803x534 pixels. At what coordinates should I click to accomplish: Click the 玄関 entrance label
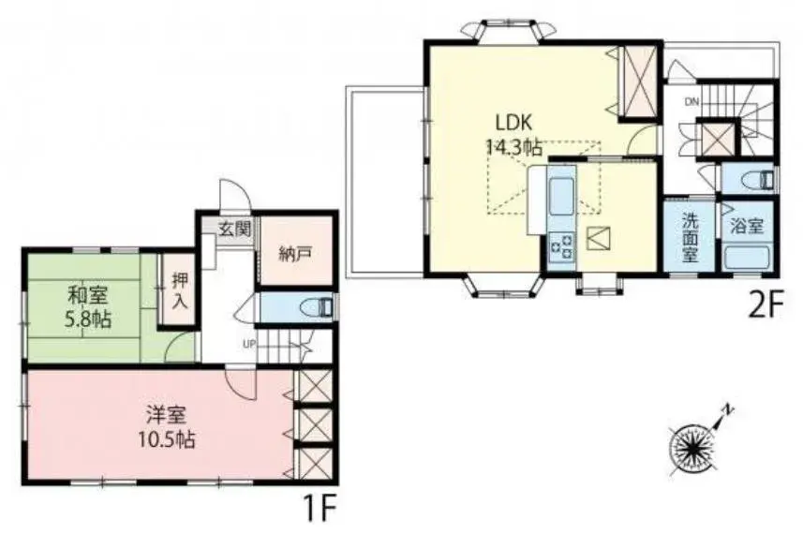coord(234,229)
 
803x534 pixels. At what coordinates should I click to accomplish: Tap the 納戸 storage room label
coord(295,254)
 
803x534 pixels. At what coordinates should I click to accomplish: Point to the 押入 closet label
coord(179,289)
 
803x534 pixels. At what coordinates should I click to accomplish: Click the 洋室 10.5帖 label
coord(166,427)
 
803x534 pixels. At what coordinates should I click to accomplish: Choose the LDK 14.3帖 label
coord(513,135)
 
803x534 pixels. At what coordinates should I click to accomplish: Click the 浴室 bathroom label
coord(747,226)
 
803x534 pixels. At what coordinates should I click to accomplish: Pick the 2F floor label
coord(766,305)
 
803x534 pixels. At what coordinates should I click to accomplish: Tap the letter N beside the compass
coord(727,410)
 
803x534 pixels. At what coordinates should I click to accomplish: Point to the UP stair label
coord(249,344)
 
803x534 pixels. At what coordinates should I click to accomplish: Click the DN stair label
coord(691,101)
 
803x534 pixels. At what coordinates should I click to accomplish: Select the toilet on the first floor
coord(318,307)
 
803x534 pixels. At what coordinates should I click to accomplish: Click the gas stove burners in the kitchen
coord(561,245)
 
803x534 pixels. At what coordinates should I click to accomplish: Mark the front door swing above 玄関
coord(234,195)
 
